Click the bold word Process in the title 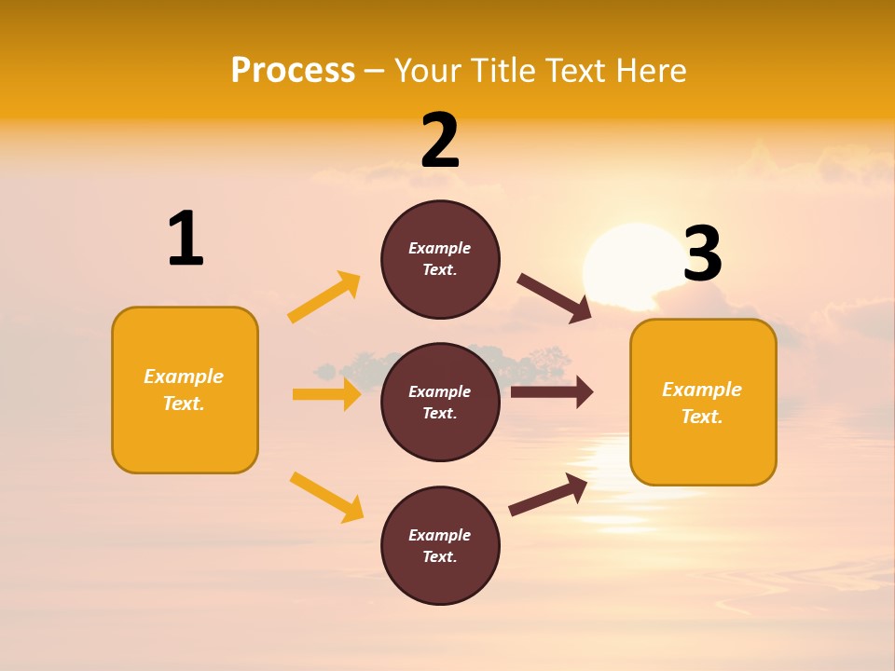coord(293,70)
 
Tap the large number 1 coord(186,239)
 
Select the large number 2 coord(440,141)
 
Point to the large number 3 coord(702,253)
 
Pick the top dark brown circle coord(440,259)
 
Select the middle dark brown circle coord(440,402)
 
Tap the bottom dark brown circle coord(440,545)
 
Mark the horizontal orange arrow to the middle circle coord(326,394)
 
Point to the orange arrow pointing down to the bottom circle coord(326,496)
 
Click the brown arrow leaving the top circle coord(555,298)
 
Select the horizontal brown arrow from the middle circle coord(551,392)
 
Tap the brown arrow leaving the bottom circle coord(548,495)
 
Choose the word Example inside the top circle coord(440,248)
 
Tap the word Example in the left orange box coord(184,377)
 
